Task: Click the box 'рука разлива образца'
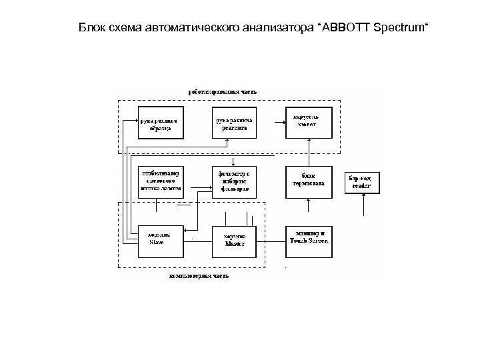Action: click(x=160, y=122)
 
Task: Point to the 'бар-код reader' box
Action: click(x=363, y=182)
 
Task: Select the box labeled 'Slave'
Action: click(x=160, y=239)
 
